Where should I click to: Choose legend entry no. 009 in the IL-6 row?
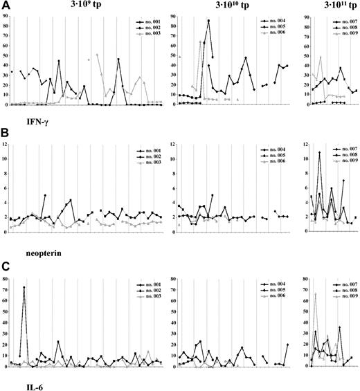click(345, 295)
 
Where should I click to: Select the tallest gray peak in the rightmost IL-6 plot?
click(316, 293)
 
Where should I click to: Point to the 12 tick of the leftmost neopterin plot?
click(6, 144)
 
